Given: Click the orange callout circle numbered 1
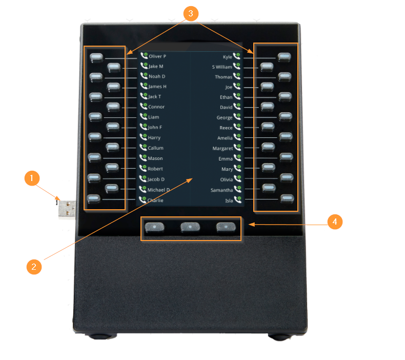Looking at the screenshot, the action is (x=32, y=178).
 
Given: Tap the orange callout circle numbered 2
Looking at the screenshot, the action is (x=34, y=267).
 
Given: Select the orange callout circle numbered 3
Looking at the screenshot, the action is (x=191, y=13).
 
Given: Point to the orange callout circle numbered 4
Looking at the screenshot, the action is (x=335, y=222).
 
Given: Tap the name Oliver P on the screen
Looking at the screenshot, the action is (x=157, y=56).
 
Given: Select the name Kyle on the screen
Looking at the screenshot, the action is (x=227, y=57).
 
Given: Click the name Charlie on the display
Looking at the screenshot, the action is (x=155, y=201).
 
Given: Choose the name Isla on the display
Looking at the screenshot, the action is (x=229, y=201).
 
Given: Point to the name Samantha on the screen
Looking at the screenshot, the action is (x=221, y=190).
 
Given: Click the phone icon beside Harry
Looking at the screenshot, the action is (x=144, y=137).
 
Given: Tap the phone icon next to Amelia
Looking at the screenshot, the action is (x=237, y=137).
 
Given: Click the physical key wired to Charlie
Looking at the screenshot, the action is (x=93, y=198).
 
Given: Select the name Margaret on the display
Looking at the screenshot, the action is (x=222, y=148).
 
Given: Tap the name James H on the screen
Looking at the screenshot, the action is (x=157, y=87).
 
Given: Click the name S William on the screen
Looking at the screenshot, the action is (x=222, y=67).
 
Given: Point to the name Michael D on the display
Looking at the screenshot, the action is (x=158, y=190).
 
